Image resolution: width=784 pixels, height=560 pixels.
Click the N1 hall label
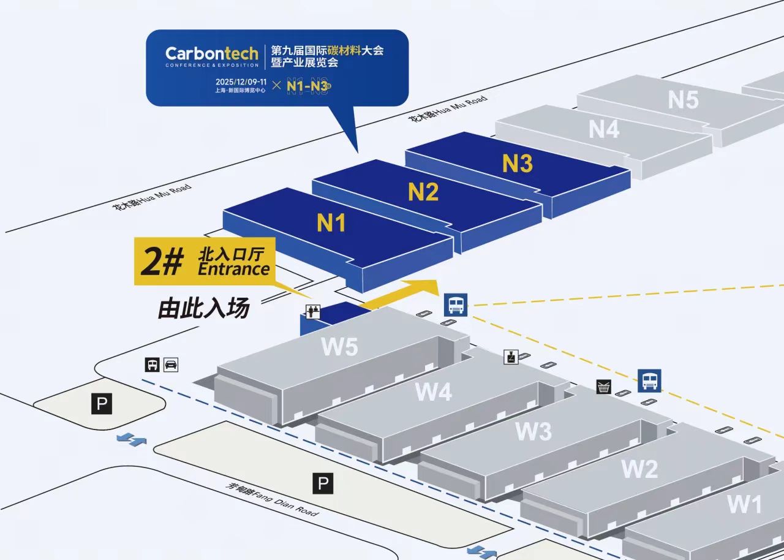(331, 223)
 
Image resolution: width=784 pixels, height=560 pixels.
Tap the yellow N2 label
(423, 192)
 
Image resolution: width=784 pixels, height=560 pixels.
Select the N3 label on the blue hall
(518, 163)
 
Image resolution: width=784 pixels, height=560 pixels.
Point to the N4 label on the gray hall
(604, 129)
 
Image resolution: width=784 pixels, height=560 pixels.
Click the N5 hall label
(683, 99)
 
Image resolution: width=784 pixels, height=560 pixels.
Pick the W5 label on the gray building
(339, 347)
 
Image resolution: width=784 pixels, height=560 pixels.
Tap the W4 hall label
(433, 392)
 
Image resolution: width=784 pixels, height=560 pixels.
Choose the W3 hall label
(533, 431)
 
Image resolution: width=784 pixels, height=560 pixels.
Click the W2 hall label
(640, 469)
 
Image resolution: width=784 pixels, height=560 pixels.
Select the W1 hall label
(745, 504)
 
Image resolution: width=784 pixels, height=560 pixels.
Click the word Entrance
(234, 270)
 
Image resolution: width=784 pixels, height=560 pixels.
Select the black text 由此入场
(204, 308)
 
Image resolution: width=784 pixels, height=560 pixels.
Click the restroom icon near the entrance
(313, 311)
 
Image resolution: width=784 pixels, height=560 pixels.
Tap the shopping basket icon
(604, 387)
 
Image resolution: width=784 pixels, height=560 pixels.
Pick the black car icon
(171, 365)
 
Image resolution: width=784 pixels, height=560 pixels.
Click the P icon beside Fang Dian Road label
(323, 484)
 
